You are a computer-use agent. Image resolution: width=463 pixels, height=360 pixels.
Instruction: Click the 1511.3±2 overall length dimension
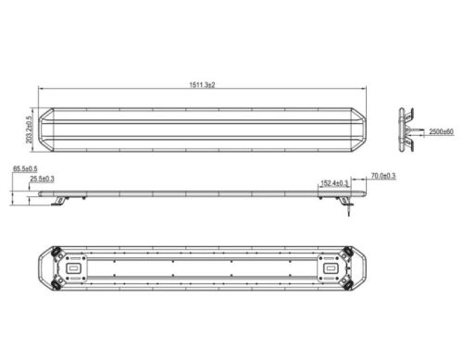click(x=202, y=85)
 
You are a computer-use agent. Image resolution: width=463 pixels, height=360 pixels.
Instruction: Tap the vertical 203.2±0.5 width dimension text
click(x=29, y=130)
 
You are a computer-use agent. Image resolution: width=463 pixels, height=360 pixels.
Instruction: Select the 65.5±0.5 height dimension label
click(x=25, y=168)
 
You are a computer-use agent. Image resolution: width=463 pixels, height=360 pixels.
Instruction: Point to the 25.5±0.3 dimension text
click(x=42, y=179)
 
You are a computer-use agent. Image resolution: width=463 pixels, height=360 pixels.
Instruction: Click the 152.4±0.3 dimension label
click(x=334, y=183)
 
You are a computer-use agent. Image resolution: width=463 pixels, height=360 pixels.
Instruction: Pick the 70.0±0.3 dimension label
click(x=383, y=176)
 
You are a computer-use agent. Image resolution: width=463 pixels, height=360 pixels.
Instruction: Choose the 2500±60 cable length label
click(x=441, y=131)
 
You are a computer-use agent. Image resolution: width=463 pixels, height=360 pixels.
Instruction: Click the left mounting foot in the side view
click(x=60, y=201)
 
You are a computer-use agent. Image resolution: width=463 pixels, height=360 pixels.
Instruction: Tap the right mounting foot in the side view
click(x=345, y=201)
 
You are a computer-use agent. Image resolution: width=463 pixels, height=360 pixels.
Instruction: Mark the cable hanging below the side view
click(x=349, y=211)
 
